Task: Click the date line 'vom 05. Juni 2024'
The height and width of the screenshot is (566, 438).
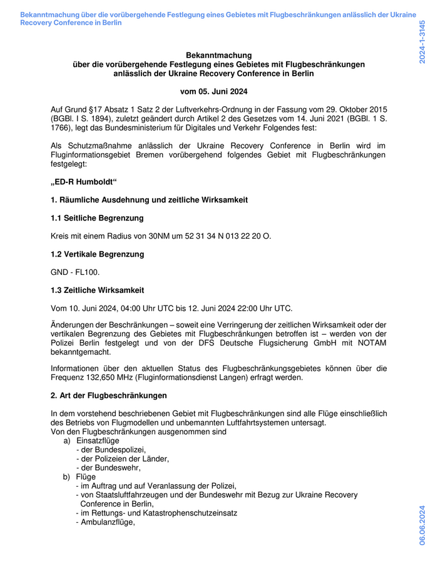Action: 218,91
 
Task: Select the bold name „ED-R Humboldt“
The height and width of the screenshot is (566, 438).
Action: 84,182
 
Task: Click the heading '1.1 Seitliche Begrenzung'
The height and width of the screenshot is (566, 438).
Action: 97,218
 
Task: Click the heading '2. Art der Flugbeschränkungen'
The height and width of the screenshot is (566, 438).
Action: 108,395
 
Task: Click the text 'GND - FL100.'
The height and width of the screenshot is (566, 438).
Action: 75,272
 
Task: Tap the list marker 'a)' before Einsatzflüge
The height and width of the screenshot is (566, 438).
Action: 67,440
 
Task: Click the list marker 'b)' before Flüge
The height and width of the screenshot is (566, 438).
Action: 67,477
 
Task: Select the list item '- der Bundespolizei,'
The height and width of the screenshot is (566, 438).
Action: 111,449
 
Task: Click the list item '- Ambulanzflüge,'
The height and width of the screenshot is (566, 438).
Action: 105,522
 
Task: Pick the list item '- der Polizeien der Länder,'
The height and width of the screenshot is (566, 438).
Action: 123,459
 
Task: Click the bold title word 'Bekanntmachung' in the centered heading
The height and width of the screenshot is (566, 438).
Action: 218,56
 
